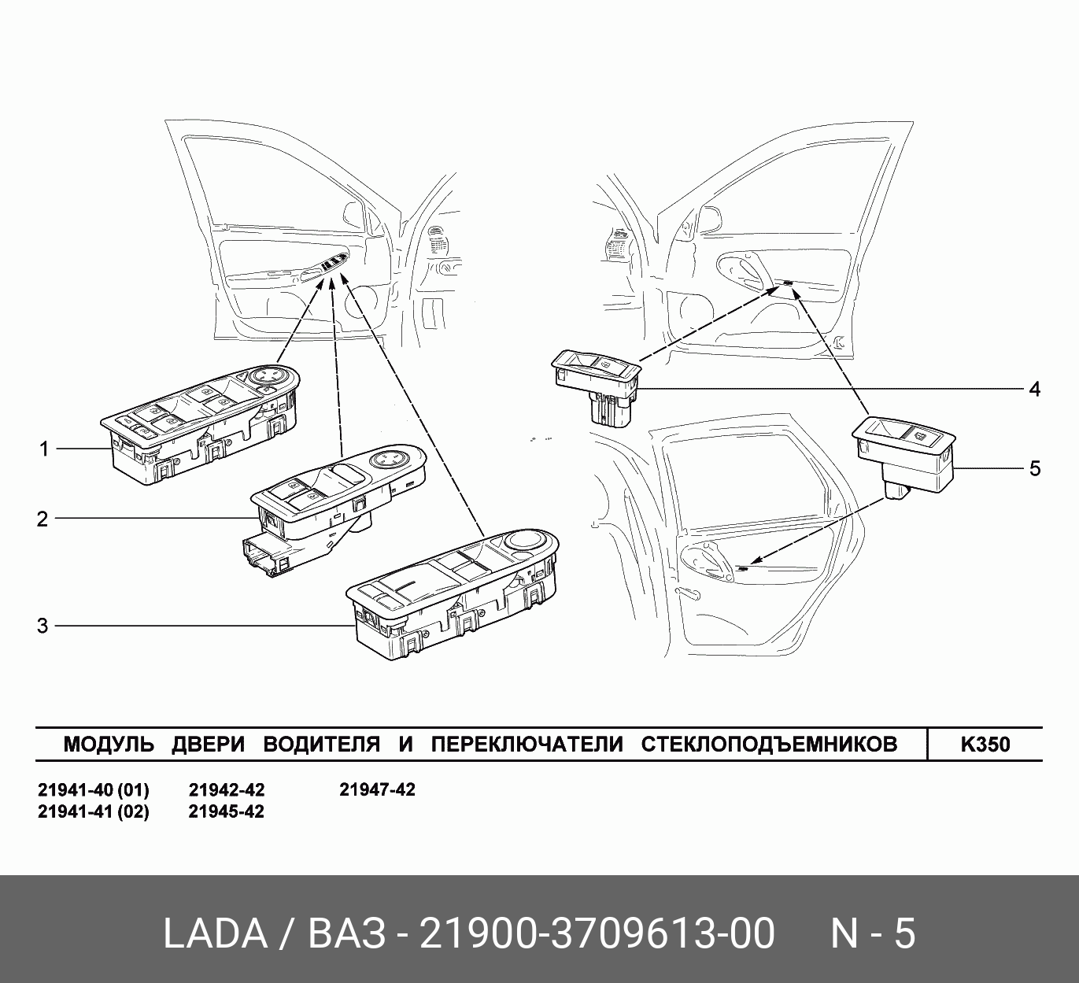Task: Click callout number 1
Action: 44,449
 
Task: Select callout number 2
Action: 42,519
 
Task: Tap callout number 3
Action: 42,626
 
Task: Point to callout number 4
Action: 1034,389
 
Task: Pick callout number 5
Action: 1035,468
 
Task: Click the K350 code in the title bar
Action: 985,745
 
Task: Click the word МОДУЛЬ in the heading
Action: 109,745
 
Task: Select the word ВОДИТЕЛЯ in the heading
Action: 322,745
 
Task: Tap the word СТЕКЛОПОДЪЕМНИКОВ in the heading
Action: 769,745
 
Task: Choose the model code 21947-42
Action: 377,790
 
